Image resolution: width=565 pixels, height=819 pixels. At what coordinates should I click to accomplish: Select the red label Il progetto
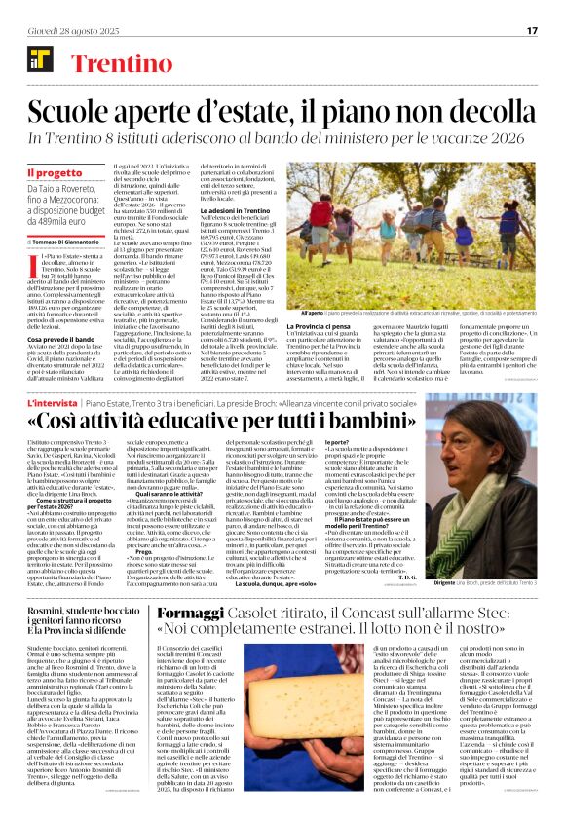click(55, 173)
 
